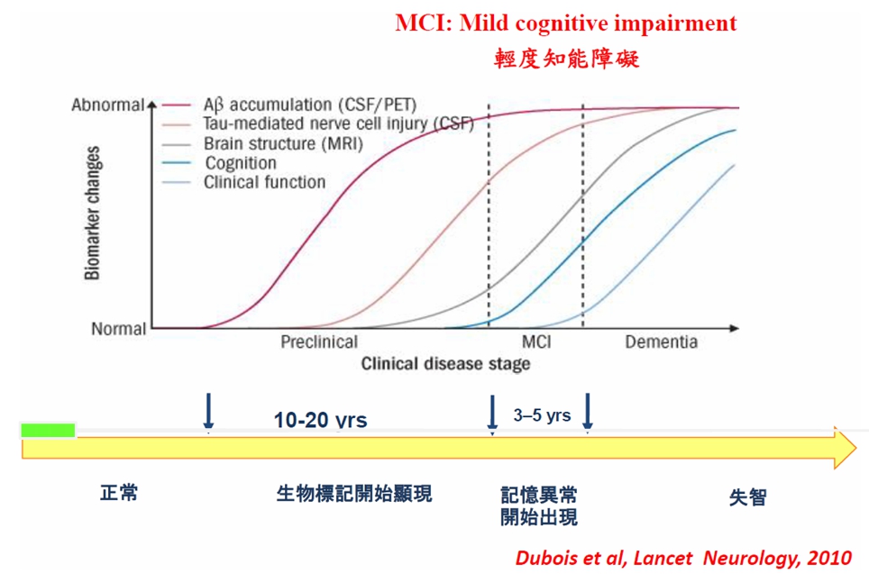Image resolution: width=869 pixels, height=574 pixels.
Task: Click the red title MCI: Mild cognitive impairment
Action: pyautogui.click(x=566, y=23)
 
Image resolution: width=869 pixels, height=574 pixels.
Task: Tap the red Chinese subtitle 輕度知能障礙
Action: pyautogui.click(x=566, y=59)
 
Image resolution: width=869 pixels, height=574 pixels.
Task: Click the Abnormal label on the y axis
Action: pyautogui.click(x=107, y=105)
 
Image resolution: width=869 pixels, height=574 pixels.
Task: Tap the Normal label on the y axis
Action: pyautogui.click(x=119, y=329)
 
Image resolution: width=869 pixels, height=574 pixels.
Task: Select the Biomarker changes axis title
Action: pyautogui.click(x=93, y=214)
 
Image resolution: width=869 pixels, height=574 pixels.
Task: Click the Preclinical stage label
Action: pyautogui.click(x=319, y=342)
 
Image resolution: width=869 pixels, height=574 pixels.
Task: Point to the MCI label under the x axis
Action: pyautogui.click(x=536, y=342)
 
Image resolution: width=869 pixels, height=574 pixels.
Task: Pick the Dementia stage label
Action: pyautogui.click(x=661, y=342)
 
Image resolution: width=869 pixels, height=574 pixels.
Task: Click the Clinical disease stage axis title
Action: pyautogui.click(x=445, y=364)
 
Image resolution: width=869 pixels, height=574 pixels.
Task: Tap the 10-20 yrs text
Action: pyautogui.click(x=320, y=420)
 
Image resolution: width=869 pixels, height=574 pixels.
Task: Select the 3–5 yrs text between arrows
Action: pyautogui.click(x=542, y=415)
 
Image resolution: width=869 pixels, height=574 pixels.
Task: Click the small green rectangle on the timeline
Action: pyautogui.click(x=48, y=431)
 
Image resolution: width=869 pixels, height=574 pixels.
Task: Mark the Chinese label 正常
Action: pyautogui.click(x=119, y=493)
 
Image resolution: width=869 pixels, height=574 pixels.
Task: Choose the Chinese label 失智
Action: pyautogui.click(x=747, y=497)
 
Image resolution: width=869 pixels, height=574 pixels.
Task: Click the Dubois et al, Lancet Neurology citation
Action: pyautogui.click(x=683, y=558)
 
